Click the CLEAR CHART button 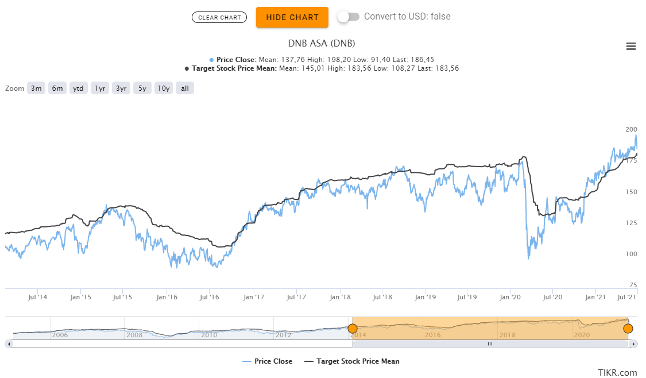pyautogui.click(x=219, y=17)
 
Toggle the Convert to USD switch pyautogui.click(x=348, y=17)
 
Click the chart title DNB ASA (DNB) pyautogui.click(x=321, y=43)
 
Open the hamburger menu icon pyautogui.click(x=631, y=47)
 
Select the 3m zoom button pyautogui.click(x=36, y=88)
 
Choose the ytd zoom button pyautogui.click(x=78, y=88)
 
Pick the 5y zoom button pyautogui.click(x=142, y=88)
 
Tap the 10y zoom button pyautogui.click(x=164, y=88)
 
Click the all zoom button pyautogui.click(x=185, y=88)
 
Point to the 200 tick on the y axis pyautogui.click(x=631, y=129)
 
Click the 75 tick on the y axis pyautogui.click(x=633, y=285)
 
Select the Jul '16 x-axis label pyautogui.click(x=210, y=297)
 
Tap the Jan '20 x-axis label pyautogui.click(x=510, y=297)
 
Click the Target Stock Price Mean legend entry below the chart pyautogui.click(x=351, y=361)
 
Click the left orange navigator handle pyautogui.click(x=353, y=329)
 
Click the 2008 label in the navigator pyautogui.click(x=134, y=335)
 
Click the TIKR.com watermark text pyautogui.click(x=617, y=372)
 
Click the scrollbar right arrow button pyautogui.click(x=633, y=344)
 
